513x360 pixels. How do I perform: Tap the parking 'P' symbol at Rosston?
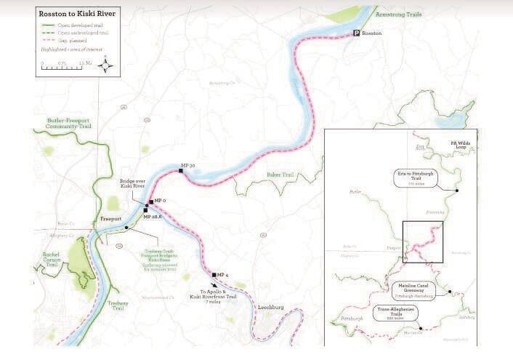[356, 33]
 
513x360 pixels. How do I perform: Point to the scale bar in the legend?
[65, 65]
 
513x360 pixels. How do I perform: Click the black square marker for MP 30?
[179, 170]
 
